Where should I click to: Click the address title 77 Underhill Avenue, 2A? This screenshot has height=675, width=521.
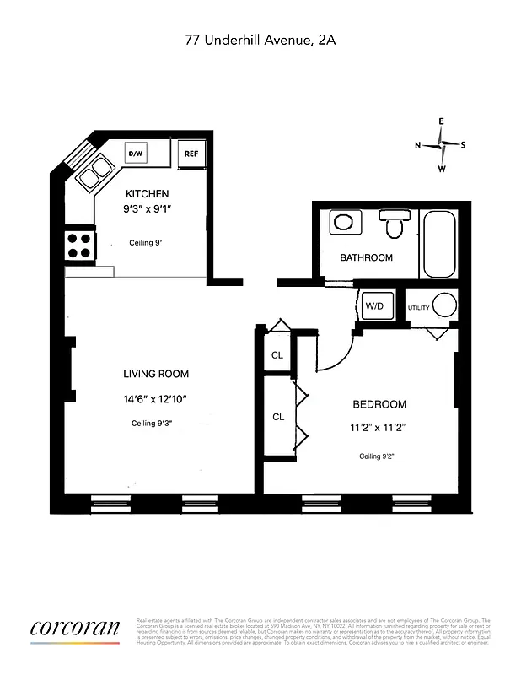pyautogui.click(x=260, y=39)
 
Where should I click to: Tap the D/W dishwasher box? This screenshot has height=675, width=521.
pyautogui.click(x=136, y=154)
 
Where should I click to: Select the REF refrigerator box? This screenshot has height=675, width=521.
pyautogui.click(x=191, y=154)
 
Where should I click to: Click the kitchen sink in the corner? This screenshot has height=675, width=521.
pyautogui.click(x=95, y=171)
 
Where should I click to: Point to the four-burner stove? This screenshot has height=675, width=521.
pyautogui.click(x=79, y=245)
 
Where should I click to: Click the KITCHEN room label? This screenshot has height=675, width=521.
pyautogui.click(x=148, y=193)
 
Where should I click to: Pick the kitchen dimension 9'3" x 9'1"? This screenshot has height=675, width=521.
pyautogui.click(x=148, y=210)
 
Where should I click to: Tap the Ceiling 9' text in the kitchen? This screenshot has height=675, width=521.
pyautogui.click(x=145, y=242)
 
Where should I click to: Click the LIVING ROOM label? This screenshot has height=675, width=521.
pyautogui.click(x=156, y=374)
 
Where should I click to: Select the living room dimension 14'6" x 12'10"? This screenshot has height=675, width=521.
pyautogui.click(x=154, y=399)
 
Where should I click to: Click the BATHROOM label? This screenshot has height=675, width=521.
pyautogui.click(x=366, y=257)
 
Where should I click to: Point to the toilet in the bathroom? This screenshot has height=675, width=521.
pyautogui.click(x=394, y=224)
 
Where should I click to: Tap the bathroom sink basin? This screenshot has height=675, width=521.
pyautogui.click(x=343, y=223)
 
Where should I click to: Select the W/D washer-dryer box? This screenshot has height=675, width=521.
pyautogui.click(x=374, y=306)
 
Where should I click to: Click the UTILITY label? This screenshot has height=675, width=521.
pyautogui.click(x=419, y=308)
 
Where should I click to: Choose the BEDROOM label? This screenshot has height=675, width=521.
pyautogui.click(x=379, y=404)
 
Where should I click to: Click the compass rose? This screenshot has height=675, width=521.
pyautogui.click(x=441, y=144)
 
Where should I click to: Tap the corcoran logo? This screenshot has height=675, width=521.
pyautogui.click(x=75, y=629)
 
